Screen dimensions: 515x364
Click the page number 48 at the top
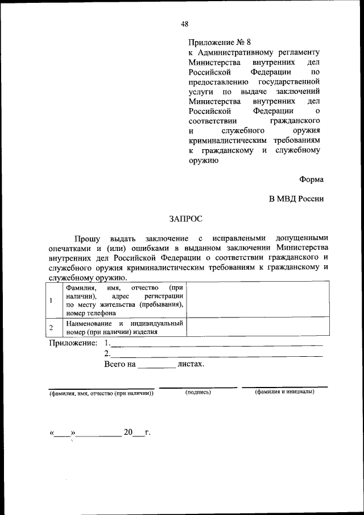tap(185, 24)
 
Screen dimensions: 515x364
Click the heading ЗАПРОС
tap(185, 218)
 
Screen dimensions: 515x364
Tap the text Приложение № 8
tap(219, 42)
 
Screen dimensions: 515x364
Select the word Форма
tap(312, 179)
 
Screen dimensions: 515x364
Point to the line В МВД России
tap(296, 199)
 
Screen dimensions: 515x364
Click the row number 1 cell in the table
tap(51, 300)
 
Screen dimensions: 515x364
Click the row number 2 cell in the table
tap(51, 328)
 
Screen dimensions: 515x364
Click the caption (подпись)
tap(198, 393)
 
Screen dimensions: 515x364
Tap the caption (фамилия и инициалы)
tap(284, 393)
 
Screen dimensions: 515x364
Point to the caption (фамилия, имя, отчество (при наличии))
tap(101, 394)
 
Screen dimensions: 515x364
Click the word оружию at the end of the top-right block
tap(203, 160)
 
